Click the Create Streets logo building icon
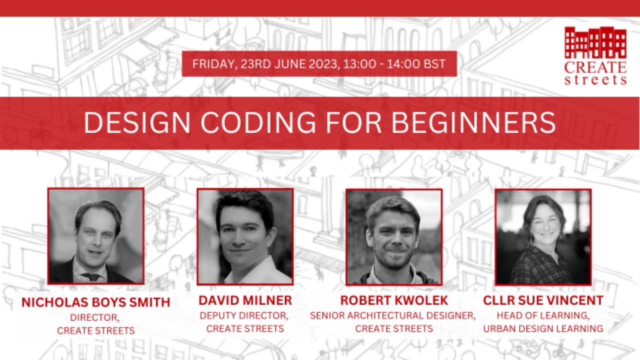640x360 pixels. tap(595, 42)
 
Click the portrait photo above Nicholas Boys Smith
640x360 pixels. tap(96, 236)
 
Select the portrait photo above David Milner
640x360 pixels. tap(245, 236)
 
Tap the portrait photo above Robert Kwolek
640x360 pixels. tap(394, 236)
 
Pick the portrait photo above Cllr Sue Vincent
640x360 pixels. tap(543, 236)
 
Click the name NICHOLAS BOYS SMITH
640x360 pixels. tap(96, 302)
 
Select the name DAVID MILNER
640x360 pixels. tap(245, 300)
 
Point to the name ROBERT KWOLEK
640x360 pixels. tap(394, 300)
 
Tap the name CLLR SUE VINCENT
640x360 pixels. tap(543, 300)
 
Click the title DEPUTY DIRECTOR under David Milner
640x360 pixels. tap(244, 316)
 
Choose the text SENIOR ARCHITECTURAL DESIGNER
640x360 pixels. tap(393, 316)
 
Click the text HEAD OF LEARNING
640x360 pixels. tap(543, 316)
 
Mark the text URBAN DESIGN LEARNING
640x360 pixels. tap(543, 328)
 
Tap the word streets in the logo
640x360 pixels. tap(595, 80)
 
